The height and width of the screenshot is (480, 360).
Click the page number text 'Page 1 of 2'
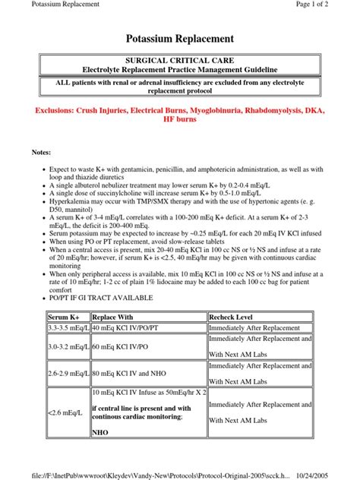(332, 6)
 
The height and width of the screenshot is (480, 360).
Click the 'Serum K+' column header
(62, 316)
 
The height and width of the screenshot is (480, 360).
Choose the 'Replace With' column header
(113, 316)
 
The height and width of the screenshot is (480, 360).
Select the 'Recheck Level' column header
(236, 316)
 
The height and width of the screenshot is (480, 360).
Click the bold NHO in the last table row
(99, 434)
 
